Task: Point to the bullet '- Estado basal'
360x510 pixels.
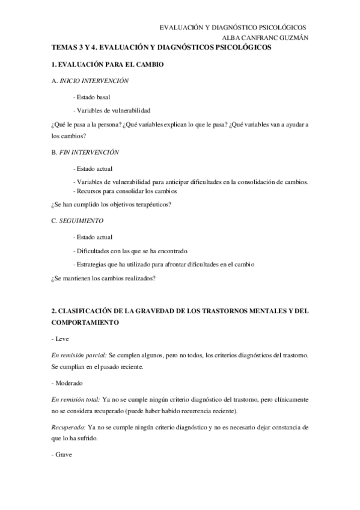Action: pyautogui.click(x=91, y=97)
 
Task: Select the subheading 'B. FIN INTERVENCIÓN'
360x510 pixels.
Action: pyautogui.click(x=85, y=153)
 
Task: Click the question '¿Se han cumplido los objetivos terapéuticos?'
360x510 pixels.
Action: pyautogui.click(x=112, y=204)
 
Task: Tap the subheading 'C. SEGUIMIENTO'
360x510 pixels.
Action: pyautogui.click(x=78, y=221)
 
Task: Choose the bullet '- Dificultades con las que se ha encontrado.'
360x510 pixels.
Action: pyautogui.click(x=130, y=251)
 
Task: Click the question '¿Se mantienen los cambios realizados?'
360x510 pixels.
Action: pyautogui.click(x=104, y=278)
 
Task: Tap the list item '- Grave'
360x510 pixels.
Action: pyautogui.click(x=61, y=455)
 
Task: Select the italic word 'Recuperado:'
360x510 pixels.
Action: pyautogui.click(x=68, y=427)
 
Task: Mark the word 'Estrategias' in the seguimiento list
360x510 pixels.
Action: pyautogui.click(x=91, y=265)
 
